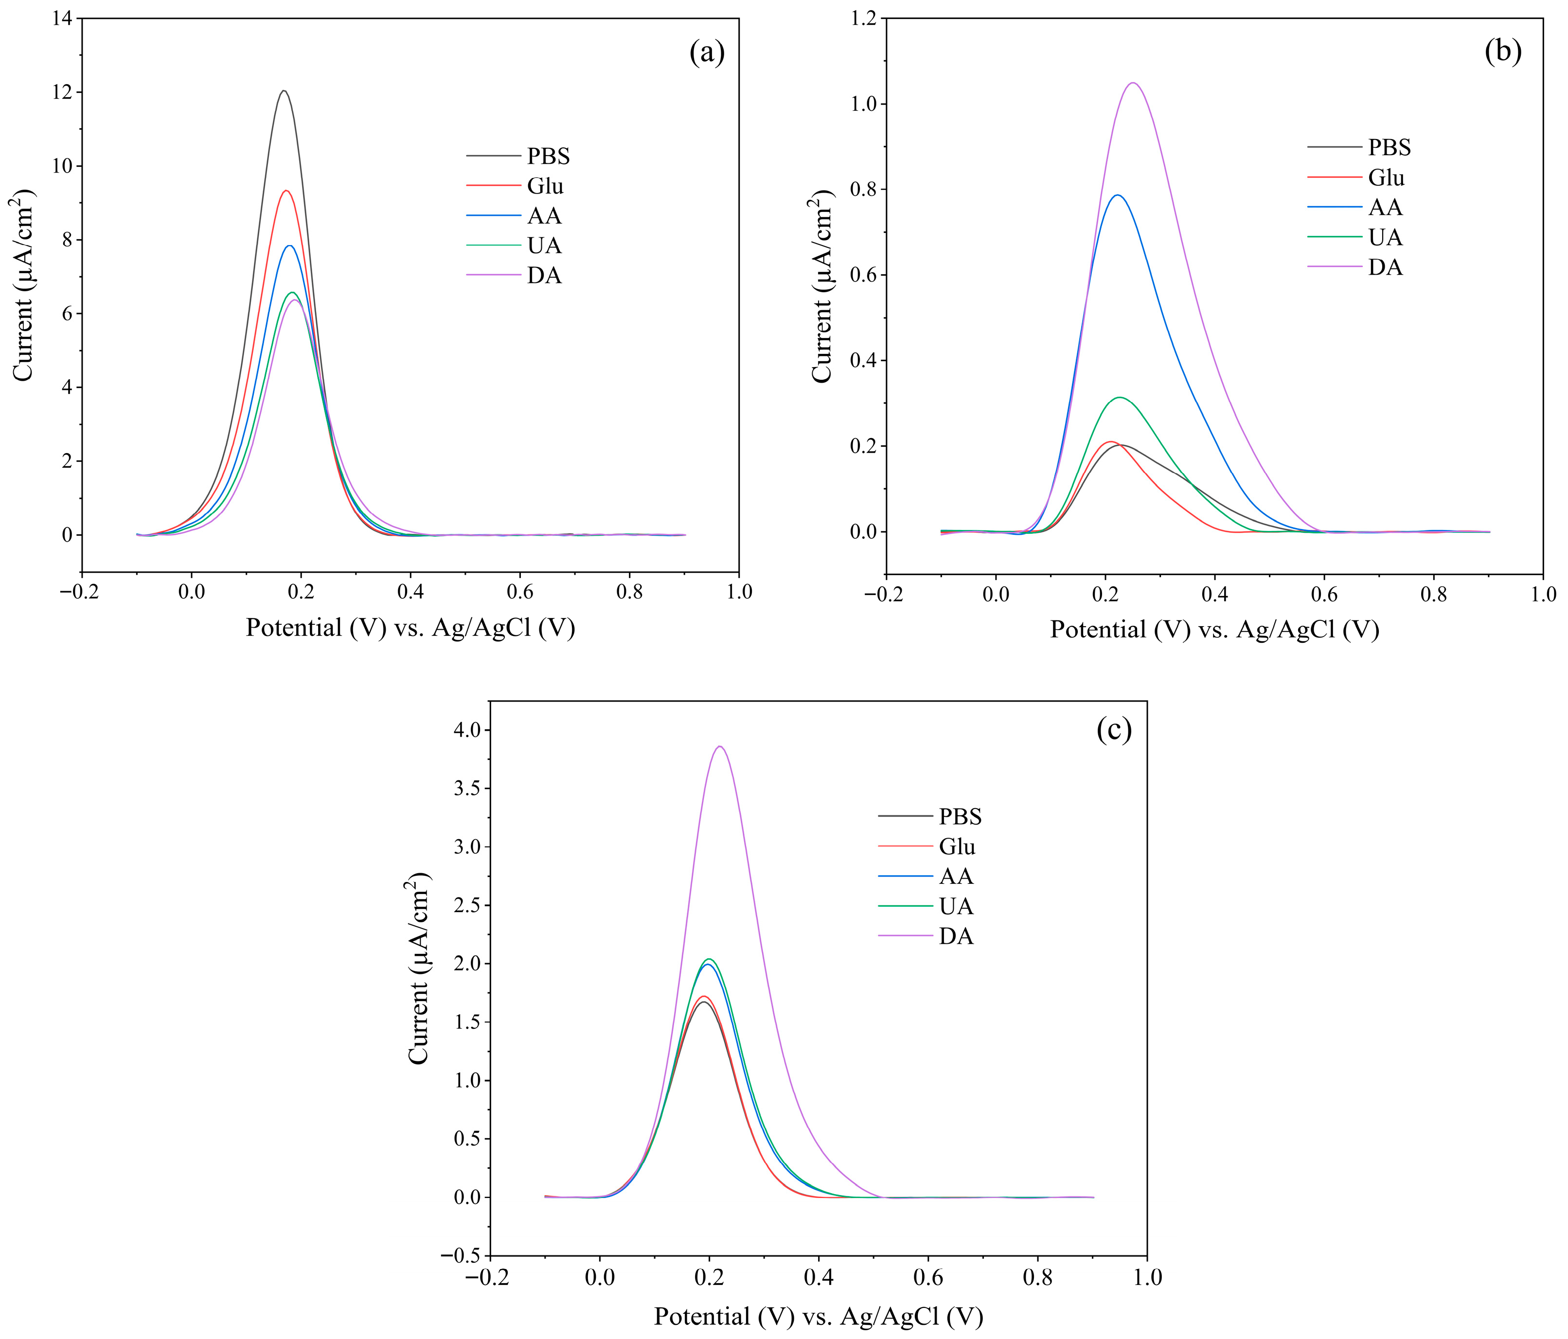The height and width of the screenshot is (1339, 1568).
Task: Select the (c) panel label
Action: click(x=1114, y=729)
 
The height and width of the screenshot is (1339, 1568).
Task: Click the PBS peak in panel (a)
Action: click(x=284, y=91)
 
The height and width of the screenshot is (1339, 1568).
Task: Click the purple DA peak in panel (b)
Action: click(x=1133, y=83)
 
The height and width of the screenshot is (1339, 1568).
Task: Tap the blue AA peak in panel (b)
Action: click(x=1117, y=195)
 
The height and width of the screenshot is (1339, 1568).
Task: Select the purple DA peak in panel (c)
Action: click(x=720, y=747)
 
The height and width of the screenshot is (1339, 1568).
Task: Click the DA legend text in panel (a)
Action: click(x=544, y=276)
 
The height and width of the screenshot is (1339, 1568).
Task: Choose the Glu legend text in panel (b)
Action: click(x=1386, y=178)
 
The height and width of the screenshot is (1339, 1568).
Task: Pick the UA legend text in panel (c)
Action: click(x=956, y=906)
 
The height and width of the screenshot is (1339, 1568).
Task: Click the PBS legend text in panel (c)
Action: click(x=960, y=816)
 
